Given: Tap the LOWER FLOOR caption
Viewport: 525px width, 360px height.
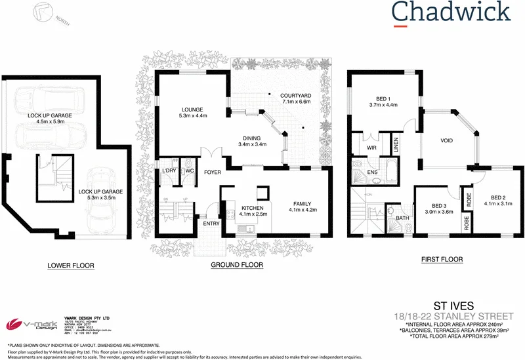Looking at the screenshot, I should point(70,266).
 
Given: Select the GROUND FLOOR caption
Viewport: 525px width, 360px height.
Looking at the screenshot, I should point(237,266).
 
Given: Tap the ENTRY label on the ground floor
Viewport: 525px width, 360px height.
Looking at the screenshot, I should point(212,224).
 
